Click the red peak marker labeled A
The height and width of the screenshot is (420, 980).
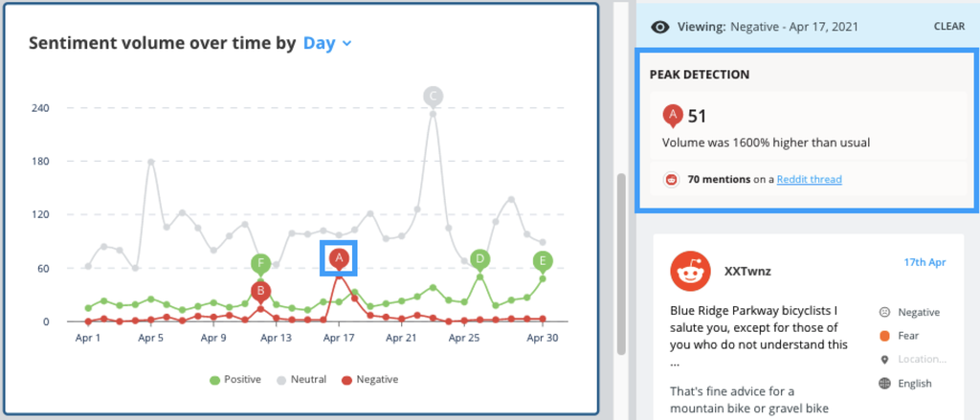coord(338,258)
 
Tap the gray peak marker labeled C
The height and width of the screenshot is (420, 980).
coord(433,96)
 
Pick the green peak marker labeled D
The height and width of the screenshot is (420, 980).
coord(480,258)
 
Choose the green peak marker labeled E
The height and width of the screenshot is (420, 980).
coord(543,261)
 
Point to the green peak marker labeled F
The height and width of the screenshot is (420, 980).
coord(260,263)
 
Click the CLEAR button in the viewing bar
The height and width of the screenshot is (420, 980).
coord(949,27)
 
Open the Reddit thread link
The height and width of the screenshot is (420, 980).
coord(809,179)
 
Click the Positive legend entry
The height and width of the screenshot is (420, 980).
coord(235,380)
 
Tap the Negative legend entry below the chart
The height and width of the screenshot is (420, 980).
coord(370,380)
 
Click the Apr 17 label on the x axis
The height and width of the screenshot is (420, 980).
coord(338,338)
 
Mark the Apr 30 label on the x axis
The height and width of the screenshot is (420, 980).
coord(543,338)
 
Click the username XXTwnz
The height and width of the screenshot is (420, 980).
coord(747,271)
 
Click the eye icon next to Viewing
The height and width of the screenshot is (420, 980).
coord(659,28)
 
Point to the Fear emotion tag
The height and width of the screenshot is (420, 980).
coord(907,336)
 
